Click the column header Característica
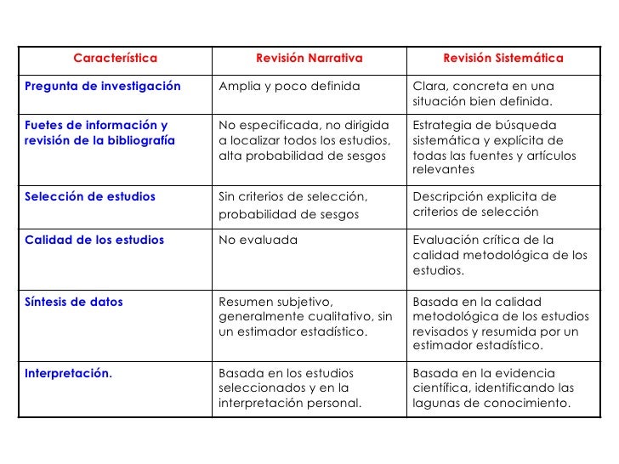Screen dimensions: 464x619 point(115,59)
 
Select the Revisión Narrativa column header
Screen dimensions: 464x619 point(309,59)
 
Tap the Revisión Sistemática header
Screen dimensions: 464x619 point(503,59)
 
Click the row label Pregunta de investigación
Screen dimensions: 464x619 point(103,87)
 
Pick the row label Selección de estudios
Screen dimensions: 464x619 point(91,197)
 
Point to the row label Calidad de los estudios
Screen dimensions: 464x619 point(94,240)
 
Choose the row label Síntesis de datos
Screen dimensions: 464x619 point(74,302)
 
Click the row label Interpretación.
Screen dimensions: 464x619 point(69,372)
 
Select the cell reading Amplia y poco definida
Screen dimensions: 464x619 point(290,87)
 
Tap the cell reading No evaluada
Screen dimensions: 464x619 point(258,240)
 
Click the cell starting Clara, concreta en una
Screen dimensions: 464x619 point(483,94)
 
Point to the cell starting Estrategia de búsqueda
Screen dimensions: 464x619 point(495,147)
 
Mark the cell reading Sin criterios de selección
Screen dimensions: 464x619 point(293,205)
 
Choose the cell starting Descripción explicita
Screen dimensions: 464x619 point(485,204)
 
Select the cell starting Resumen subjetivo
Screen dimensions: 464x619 point(305,316)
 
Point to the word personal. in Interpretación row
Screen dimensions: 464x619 point(333,403)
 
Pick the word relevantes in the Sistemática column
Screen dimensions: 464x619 point(443,170)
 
